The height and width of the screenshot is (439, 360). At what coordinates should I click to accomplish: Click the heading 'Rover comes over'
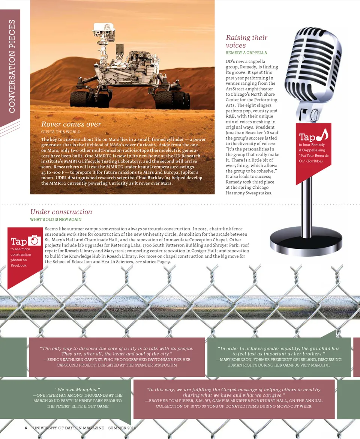[71, 124]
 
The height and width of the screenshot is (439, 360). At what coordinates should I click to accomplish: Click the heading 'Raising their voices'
[246, 41]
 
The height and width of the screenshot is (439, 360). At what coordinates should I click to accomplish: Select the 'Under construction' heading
[61, 212]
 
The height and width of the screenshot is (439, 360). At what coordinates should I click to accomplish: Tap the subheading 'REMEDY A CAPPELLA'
[246, 53]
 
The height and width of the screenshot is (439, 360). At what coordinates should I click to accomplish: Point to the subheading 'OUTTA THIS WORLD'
[61, 132]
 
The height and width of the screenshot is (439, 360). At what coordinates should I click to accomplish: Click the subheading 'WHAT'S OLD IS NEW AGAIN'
[55, 219]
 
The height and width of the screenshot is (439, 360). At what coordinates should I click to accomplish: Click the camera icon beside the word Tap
[34, 240]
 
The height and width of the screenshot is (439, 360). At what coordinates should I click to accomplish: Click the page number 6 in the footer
[26, 428]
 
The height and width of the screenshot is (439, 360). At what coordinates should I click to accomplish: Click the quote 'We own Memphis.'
[78, 390]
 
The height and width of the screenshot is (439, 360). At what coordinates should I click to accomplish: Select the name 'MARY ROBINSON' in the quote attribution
[236, 359]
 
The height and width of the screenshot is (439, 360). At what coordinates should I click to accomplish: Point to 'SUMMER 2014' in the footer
[122, 428]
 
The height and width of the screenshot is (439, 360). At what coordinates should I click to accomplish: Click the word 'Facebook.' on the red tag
[19, 265]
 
